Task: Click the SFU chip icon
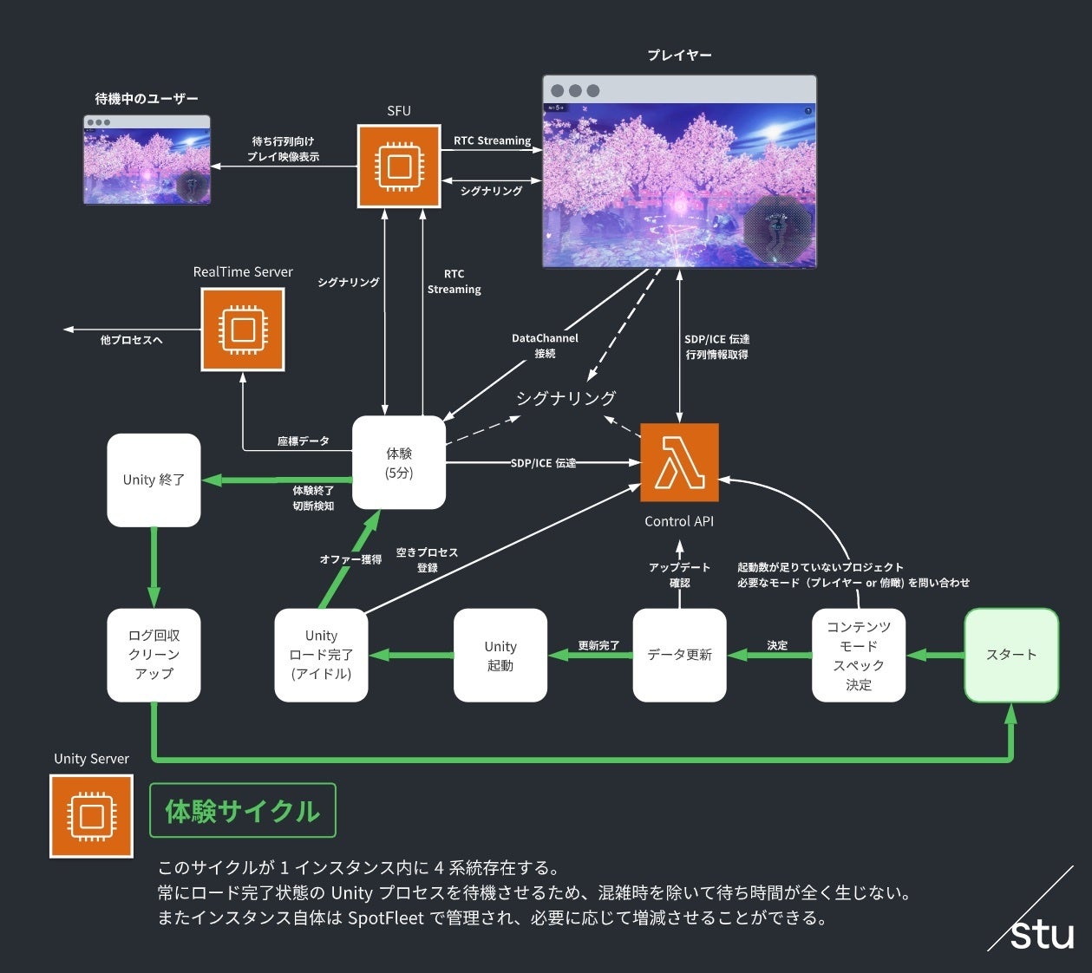[399, 166]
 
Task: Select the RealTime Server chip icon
[243, 330]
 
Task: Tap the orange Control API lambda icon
[679, 462]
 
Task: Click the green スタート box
[1011, 655]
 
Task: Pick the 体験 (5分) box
[399, 462]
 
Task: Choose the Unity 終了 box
[154, 480]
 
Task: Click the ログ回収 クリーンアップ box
[154, 655]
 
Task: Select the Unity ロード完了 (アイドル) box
[321, 655]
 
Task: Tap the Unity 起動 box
[500, 655]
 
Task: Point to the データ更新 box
[679, 655]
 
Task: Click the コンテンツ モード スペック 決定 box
[859, 655]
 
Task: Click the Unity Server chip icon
[91, 816]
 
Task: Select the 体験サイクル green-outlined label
[243, 811]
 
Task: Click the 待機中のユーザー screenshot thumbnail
[147, 160]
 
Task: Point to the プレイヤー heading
[679, 55]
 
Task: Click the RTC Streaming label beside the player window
[492, 140]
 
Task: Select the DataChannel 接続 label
[545, 345]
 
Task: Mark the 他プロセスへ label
[131, 340]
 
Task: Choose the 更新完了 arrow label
[598, 645]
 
